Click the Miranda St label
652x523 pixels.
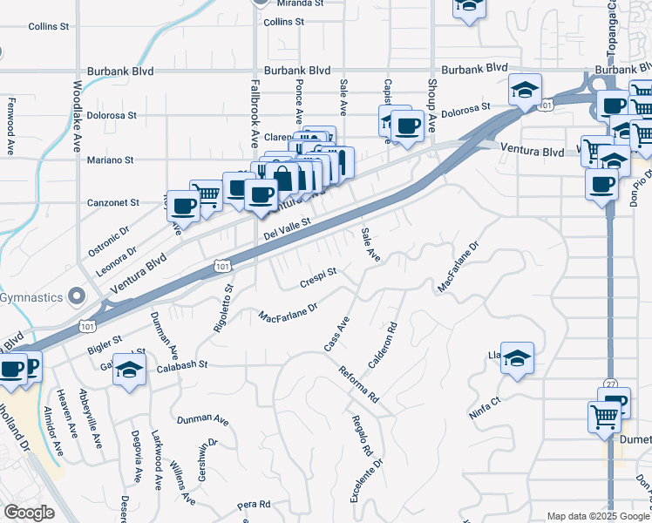click(299, 3)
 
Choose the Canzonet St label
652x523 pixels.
click(113, 203)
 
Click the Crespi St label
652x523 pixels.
click(317, 277)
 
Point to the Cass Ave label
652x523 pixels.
click(336, 335)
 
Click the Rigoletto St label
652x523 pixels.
click(224, 307)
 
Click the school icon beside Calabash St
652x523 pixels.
click(129, 368)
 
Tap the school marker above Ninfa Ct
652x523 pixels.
click(517, 357)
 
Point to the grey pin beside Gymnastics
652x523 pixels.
click(78, 297)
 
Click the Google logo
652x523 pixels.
click(30, 513)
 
